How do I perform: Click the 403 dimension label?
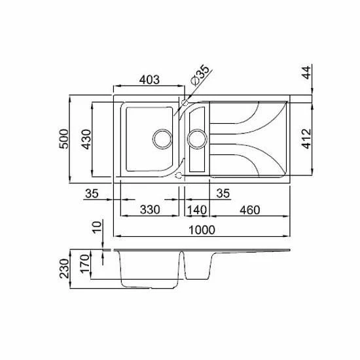tap(149, 80)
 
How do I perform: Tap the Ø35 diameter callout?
tap(200, 75)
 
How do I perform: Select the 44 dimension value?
tap(307, 72)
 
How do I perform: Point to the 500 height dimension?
tap(64, 139)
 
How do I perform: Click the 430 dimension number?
tap(86, 139)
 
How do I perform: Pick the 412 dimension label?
tap(307, 139)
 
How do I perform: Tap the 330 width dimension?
tap(150, 209)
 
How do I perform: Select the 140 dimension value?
tap(197, 210)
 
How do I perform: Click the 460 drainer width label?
tap(250, 210)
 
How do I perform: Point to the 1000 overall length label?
tap(202, 230)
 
